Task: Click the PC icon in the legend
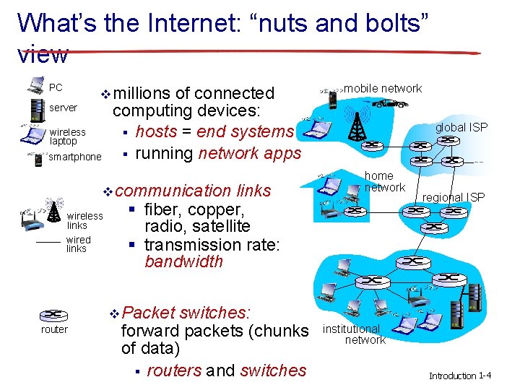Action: point(35,86)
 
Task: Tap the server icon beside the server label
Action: point(34,109)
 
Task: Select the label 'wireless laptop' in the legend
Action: point(67,136)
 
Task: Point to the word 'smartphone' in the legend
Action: point(75,157)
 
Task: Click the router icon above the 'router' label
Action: point(53,315)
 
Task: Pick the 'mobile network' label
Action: point(383,89)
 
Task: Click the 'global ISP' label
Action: point(461,128)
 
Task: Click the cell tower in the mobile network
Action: point(355,124)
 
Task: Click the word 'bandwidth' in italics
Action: point(184,261)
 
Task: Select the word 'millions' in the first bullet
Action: point(143,93)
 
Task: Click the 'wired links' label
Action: point(78,244)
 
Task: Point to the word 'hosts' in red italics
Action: point(157,131)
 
